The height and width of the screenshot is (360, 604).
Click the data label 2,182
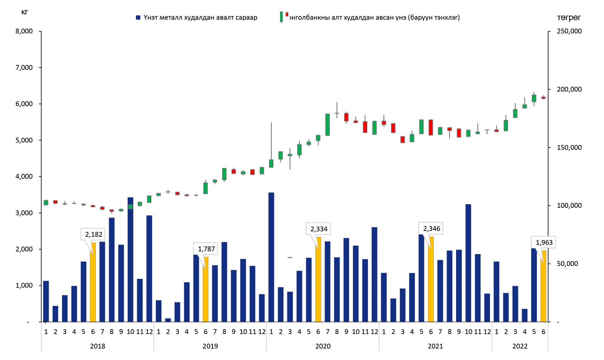pos(94,234)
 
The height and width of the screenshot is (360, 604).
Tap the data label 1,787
pos(206,249)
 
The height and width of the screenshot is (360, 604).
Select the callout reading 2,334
pos(319,229)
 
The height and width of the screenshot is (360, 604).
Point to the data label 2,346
pos(431,229)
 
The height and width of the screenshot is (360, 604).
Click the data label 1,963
pos(544,242)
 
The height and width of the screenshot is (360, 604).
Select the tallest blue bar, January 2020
pos(271,257)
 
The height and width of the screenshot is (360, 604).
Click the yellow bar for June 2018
pos(93,282)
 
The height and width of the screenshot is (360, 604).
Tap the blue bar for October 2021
pos(468,263)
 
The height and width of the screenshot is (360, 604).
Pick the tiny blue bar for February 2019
pos(168,320)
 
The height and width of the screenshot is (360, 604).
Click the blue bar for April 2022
pos(525,315)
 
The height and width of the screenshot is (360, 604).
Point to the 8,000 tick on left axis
pos(24,31)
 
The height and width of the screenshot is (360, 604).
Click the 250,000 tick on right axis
pos(569,31)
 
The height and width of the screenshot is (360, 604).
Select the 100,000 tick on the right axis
pos(569,206)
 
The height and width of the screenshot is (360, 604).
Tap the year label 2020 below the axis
pos(323,346)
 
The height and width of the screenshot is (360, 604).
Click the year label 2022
pos(520,346)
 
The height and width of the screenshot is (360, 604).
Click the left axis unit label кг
pos(25,12)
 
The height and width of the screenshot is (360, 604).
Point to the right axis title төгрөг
pos(569,18)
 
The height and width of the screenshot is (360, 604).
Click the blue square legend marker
pos(138,17)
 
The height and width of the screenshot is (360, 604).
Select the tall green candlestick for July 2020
pos(327,125)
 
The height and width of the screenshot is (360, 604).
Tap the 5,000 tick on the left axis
pos(24,140)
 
